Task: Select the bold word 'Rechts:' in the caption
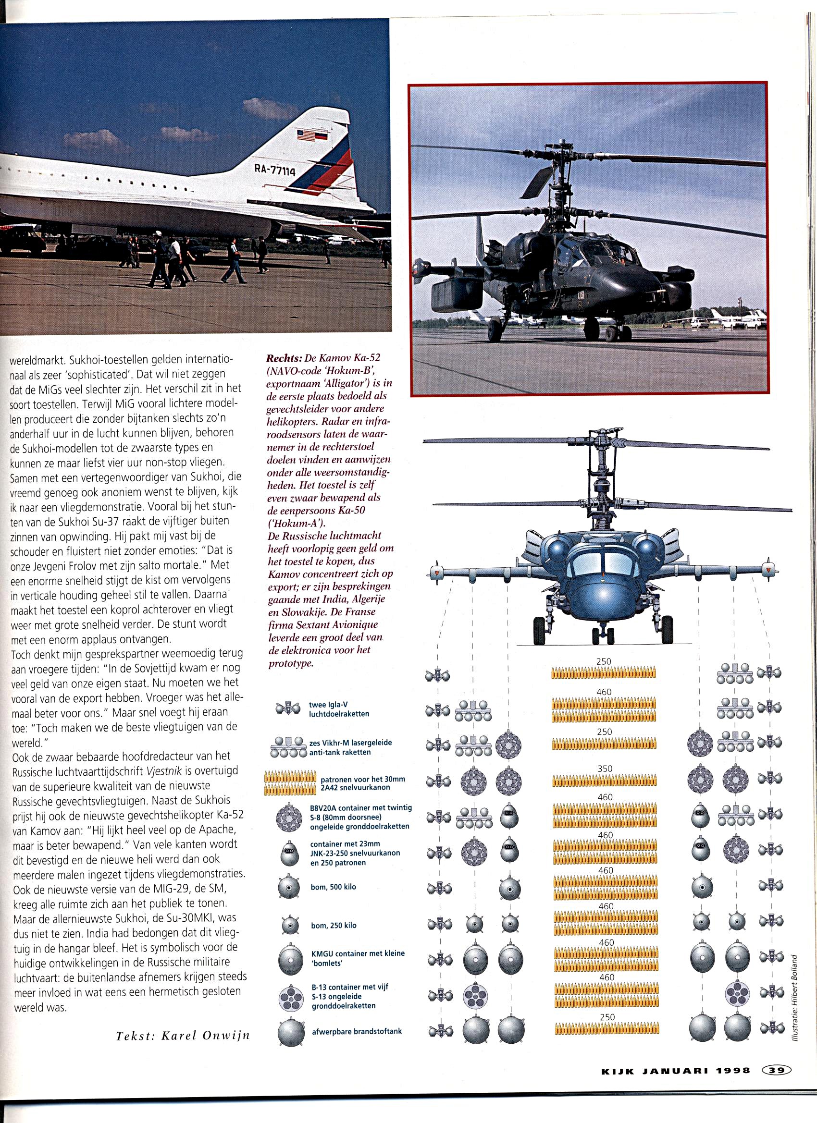[x=284, y=358]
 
